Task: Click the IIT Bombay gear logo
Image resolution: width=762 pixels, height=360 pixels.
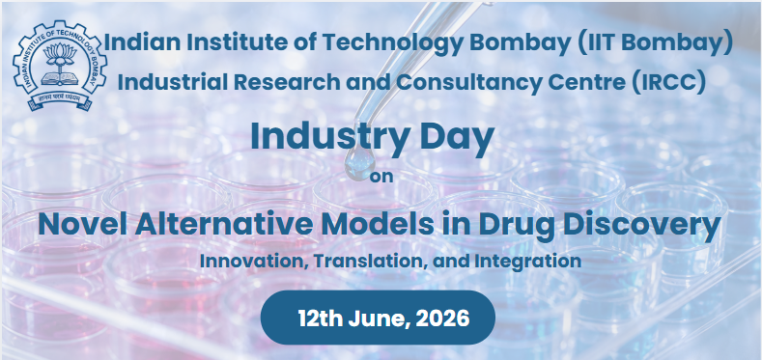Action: (60, 65)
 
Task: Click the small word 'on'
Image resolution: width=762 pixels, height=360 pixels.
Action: (381, 177)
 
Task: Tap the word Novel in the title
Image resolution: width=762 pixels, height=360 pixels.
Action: (83, 225)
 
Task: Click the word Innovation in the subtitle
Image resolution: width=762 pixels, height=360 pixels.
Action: (254, 261)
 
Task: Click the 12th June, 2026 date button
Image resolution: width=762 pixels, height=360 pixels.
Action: (378, 318)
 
